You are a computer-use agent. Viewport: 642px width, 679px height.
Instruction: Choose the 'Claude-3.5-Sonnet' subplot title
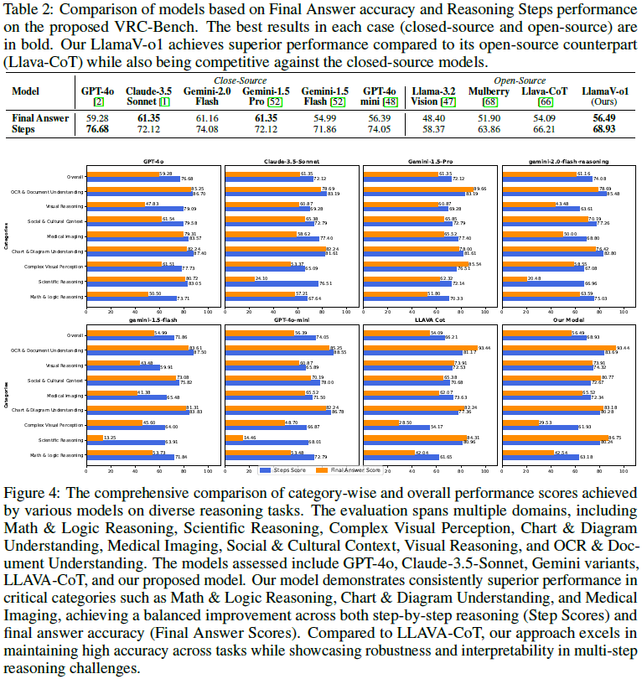(293, 160)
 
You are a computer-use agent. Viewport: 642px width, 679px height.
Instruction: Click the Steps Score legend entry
(283, 470)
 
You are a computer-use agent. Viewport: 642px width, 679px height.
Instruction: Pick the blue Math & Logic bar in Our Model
(547, 458)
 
